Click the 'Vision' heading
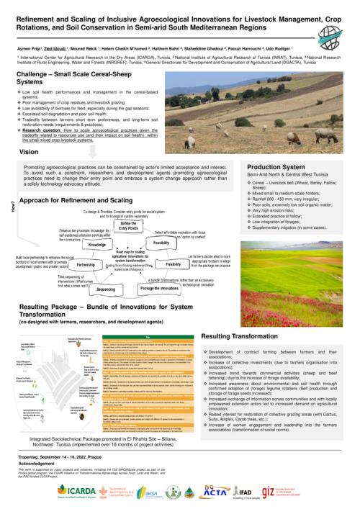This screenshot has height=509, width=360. coord(29,153)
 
